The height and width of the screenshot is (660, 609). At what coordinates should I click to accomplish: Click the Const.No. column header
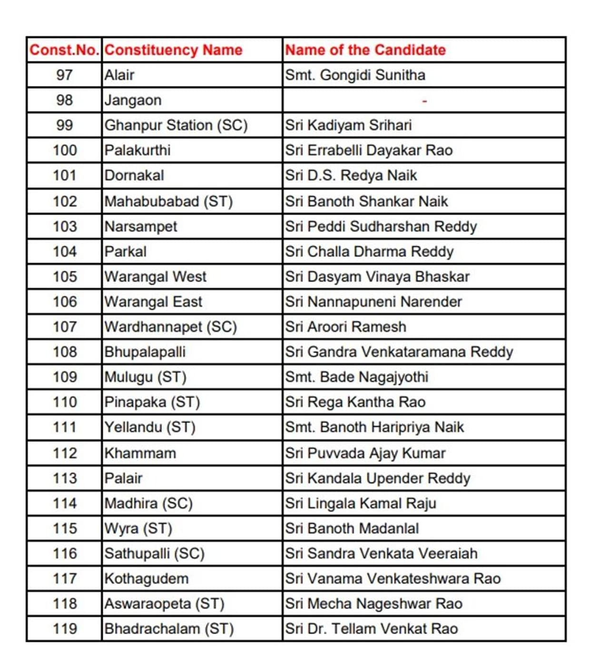(x=64, y=50)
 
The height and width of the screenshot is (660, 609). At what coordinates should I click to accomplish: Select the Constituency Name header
(x=173, y=50)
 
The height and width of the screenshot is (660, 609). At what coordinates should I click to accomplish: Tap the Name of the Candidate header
(x=365, y=50)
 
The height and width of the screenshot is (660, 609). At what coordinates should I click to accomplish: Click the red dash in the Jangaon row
(x=424, y=101)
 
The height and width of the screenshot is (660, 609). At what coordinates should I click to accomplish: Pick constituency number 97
(x=64, y=75)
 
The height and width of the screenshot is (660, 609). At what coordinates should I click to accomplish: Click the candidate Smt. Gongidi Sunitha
(x=355, y=75)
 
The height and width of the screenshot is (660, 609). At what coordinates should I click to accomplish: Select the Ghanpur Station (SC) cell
(x=176, y=125)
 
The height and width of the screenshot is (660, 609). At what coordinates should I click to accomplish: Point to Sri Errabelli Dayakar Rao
(x=369, y=150)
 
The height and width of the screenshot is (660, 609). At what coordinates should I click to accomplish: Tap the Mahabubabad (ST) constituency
(x=168, y=201)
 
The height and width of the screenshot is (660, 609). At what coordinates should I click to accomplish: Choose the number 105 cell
(x=64, y=276)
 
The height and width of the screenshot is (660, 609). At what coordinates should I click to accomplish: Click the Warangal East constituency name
(x=153, y=302)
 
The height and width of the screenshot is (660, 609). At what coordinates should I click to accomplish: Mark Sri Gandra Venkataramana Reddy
(x=399, y=352)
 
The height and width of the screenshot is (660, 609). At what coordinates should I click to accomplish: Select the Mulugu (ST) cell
(x=145, y=377)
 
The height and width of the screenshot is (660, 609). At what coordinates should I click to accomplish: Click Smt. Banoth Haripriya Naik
(x=374, y=427)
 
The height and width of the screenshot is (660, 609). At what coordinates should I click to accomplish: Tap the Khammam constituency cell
(x=140, y=453)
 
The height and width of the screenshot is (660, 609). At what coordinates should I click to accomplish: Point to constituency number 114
(x=64, y=503)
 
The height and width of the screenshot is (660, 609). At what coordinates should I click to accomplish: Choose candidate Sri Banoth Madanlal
(x=352, y=528)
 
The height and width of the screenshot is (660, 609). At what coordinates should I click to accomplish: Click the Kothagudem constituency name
(x=147, y=579)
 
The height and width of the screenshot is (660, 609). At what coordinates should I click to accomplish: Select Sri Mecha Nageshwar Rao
(x=373, y=603)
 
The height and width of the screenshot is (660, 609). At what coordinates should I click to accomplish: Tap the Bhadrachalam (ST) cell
(x=169, y=629)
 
